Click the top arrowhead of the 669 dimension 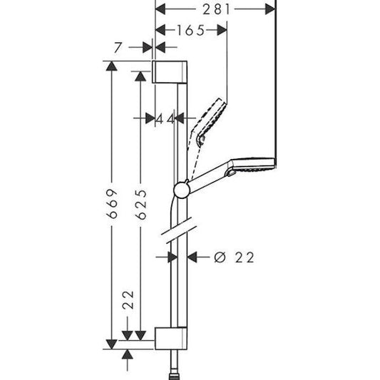point(109,66)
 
